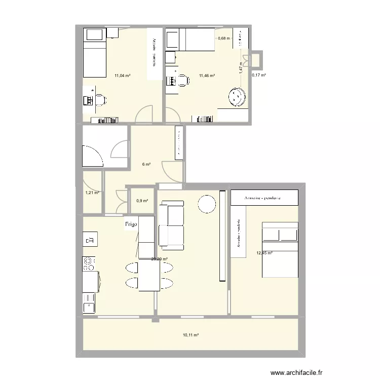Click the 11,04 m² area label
coord(122,76)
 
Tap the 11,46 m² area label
coord(207,76)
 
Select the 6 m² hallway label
coord(146,164)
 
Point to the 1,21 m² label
coord(92,193)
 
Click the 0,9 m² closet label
coord(142,201)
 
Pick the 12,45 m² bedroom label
coord(264,253)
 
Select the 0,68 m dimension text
coord(223,38)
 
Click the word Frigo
coord(132,224)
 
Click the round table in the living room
coord(207,204)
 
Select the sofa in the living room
coord(171,225)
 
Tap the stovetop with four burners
coord(88,263)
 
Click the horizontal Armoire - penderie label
coord(262,198)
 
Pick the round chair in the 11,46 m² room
coord(236,97)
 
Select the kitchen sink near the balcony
coord(89,305)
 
